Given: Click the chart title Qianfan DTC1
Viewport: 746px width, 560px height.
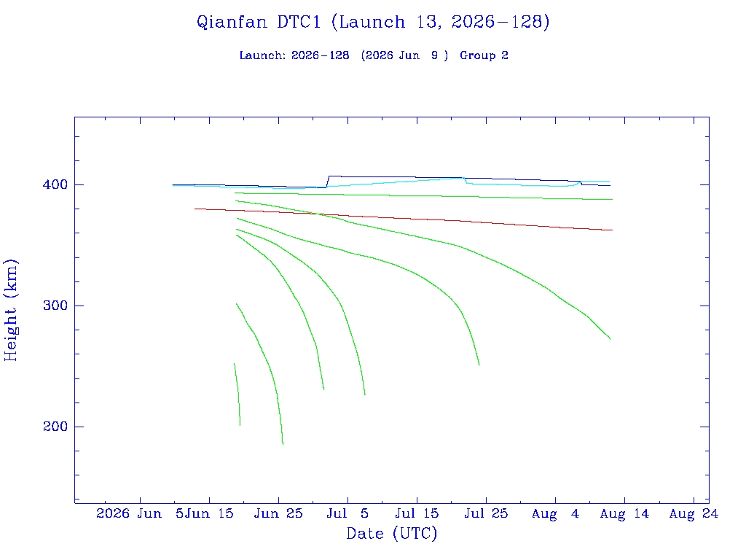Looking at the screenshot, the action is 259,23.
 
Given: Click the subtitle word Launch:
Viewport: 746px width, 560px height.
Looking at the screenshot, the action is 263,55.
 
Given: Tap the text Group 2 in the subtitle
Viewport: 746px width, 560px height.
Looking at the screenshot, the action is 484,55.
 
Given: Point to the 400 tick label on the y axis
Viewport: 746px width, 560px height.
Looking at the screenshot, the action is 55,184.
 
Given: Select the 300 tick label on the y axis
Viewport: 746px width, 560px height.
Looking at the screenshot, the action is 55,306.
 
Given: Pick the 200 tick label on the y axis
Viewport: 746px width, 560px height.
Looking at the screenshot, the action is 55,426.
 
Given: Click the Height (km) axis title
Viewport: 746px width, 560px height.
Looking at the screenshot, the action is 10,310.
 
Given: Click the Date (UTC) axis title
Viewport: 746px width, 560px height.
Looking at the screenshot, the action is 391,533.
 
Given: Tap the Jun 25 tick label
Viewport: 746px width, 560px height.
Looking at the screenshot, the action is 278,513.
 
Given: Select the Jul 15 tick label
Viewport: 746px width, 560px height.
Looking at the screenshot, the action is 417,513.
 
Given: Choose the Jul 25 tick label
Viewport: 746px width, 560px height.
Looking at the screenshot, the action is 486,513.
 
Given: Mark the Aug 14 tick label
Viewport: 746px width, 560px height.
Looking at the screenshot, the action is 624,513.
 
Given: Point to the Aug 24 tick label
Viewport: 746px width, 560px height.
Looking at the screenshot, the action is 694,513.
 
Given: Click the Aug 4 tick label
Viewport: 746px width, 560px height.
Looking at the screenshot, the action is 555,513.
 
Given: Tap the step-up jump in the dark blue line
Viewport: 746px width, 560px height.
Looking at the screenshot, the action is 327,182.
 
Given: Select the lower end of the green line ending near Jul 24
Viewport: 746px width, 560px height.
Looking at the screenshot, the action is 479,365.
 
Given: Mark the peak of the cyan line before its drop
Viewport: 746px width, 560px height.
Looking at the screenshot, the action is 463,178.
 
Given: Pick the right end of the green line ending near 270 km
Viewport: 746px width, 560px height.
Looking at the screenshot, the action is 610,339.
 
